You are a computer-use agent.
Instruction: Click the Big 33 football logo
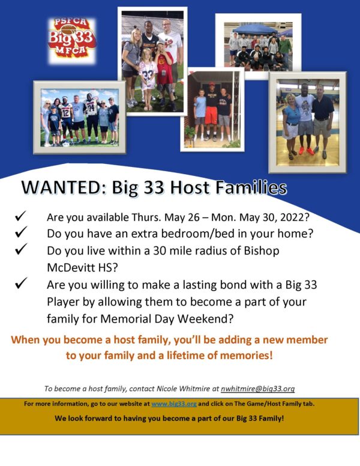click(x=72, y=40)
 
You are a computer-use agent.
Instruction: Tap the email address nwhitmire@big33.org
click(x=257, y=389)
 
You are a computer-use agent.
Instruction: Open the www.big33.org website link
click(x=174, y=404)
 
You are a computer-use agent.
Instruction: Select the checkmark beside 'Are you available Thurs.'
click(x=21, y=216)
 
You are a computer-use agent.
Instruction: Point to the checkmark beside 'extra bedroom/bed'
click(x=21, y=232)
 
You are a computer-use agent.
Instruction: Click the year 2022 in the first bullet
click(x=292, y=217)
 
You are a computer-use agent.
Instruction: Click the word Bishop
click(x=262, y=251)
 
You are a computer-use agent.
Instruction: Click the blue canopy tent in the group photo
click(x=254, y=29)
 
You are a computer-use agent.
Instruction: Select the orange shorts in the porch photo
click(x=211, y=116)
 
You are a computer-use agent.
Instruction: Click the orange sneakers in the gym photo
click(x=305, y=151)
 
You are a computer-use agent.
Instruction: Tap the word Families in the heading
click(x=251, y=187)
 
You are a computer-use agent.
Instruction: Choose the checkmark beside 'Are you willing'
click(x=21, y=283)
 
